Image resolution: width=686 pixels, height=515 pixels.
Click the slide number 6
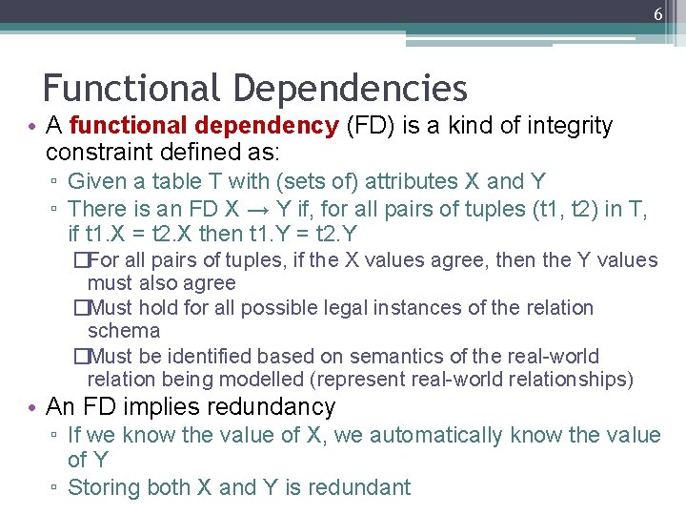tap(657, 14)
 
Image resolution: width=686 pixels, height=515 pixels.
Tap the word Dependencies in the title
tap(350, 89)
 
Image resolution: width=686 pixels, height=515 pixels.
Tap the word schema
tap(123, 331)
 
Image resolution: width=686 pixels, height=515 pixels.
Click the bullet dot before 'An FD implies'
tap(33, 407)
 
